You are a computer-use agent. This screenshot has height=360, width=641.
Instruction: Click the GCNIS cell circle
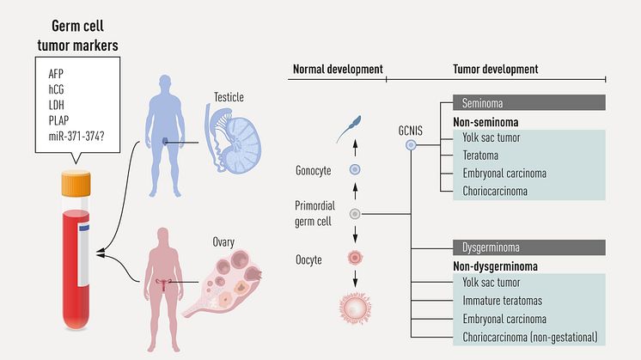pyautogui.click(x=411, y=146)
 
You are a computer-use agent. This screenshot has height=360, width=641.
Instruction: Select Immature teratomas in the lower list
pyautogui.click(x=509, y=300)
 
